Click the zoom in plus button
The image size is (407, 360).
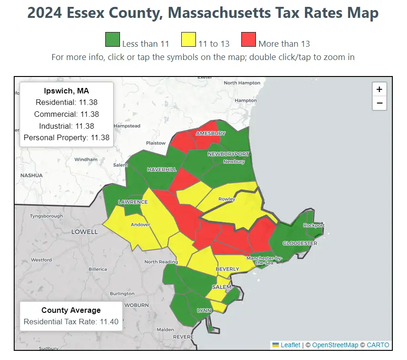click(x=379, y=89)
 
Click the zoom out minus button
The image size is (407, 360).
click(x=379, y=103)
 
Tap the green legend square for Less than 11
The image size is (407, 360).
click(x=113, y=39)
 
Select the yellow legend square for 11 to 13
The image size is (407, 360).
click(x=189, y=39)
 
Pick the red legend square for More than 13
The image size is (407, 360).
click(x=249, y=39)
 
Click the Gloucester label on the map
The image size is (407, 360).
click(x=299, y=243)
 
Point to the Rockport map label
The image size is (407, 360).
click(x=314, y=225)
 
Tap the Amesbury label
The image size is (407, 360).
click(x=211, y=133)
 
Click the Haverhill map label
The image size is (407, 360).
click(x=162, y=169)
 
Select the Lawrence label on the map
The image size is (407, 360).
click(x=133, y=202)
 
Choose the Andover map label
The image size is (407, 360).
click(x=141, y=225)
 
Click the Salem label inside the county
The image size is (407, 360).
click(x=222, y=287)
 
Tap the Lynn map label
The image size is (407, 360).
click(x=204, y=311)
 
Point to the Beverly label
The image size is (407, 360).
click(x=227, y=269)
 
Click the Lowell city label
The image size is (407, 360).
click(x=84, y=232)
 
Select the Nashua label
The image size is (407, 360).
click(x=32, y=175)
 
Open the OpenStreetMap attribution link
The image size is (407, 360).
click(x=334, y=345)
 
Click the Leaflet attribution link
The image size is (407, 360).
click(x=290, y=345)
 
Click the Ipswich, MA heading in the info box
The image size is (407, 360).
click(x=66, y=91)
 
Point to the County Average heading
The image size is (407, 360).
click(x=71, y=311)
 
